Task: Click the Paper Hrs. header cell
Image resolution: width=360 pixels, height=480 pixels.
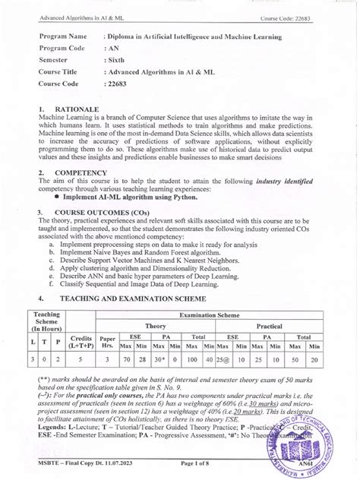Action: (x=108, y=339)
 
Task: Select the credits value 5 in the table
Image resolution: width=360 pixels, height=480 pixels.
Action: (x=82, y=360)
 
